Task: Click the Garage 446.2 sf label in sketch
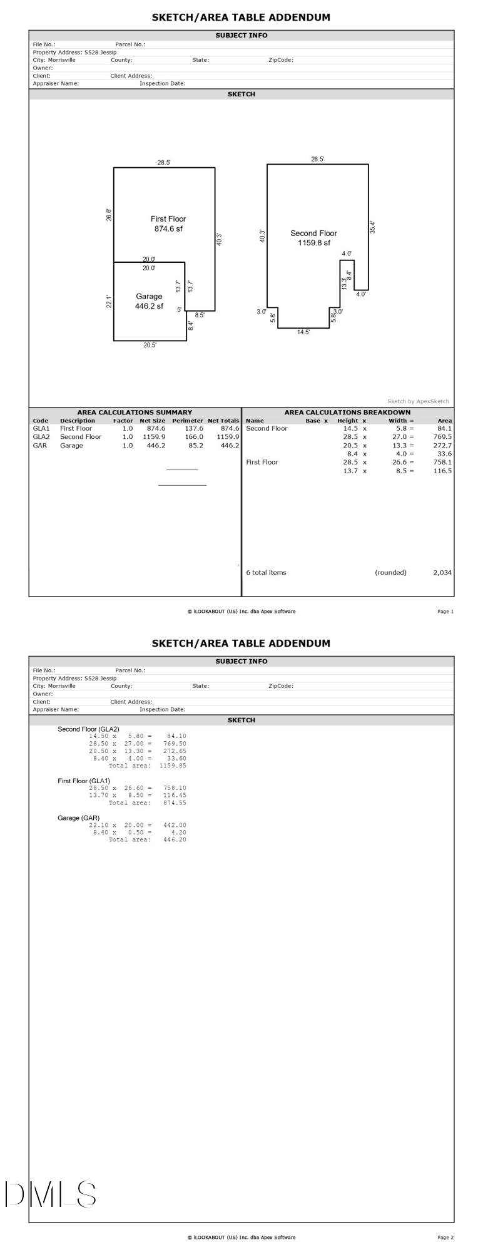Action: [x=149, y=301]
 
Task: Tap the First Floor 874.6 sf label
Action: [x=168, y=223]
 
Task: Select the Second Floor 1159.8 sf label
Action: [x=313, y=238]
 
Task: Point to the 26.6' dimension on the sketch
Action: [x=109, y=215]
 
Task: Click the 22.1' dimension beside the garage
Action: [x=109, y=301]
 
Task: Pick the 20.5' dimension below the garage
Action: [x=150, y=345]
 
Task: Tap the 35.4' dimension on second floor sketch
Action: [x=373, y=227]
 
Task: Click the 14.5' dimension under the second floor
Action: [x=303, y=332]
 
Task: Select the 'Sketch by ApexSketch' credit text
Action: [x=418, y=401]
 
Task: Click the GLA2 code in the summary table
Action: [x=41, y=437]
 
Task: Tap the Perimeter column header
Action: [x=188, y=421]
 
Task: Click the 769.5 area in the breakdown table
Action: [x=442, y=437]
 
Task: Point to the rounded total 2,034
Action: [x=442, y=572]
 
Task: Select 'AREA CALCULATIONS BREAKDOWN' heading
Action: [x=347, y=413]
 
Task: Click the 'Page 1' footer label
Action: [x=445, y=612]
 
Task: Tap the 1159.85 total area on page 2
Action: [x=173, y=766]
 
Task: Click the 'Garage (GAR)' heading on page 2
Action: [x=78, y=818]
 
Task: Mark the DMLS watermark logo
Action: [x=50, y=1194]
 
